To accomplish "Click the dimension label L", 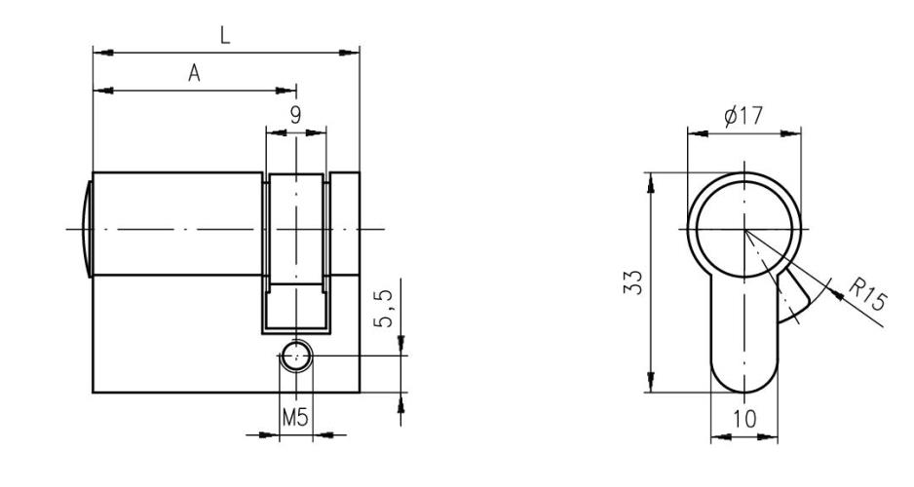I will [225, 35].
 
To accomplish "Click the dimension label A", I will [194, 75].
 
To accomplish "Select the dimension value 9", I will [295, 113].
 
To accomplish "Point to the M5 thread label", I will [295, 419].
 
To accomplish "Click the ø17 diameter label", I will [743, 116].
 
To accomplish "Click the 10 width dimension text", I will [743, 419].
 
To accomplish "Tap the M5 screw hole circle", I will [295, 356].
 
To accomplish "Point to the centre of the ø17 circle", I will [743, 229].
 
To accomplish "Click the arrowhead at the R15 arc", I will [826, 282].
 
